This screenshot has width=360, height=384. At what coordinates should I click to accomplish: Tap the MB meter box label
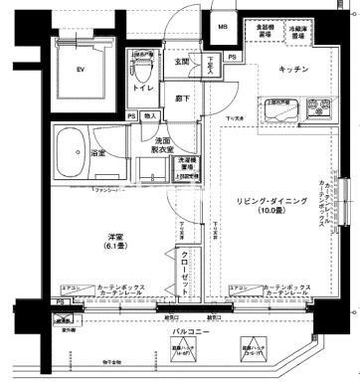223,27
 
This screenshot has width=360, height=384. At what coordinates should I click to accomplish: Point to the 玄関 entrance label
183,62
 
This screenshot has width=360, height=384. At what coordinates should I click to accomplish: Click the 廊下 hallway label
183,98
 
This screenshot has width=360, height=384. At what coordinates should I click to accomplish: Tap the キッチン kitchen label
291,70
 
